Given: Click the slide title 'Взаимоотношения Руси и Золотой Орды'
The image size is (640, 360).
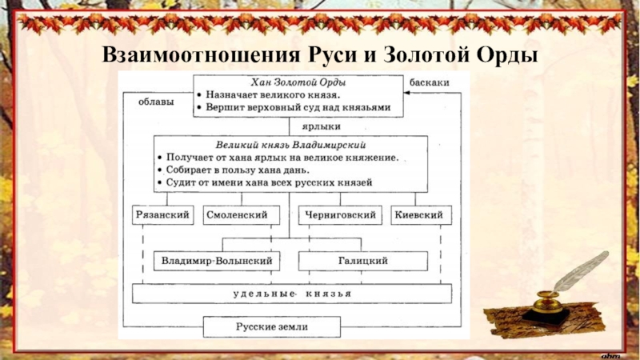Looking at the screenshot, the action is [320, 55].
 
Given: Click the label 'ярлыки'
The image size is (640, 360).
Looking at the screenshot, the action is [321, 126].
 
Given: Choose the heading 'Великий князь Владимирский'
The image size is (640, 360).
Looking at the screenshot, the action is [291, 145].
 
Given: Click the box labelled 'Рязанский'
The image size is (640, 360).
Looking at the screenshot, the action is [162, 215].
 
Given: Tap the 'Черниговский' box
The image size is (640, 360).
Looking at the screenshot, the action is [339, 215].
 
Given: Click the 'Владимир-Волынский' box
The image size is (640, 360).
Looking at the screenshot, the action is [217, 261].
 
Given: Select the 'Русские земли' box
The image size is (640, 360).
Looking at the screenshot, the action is [271, 327].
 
